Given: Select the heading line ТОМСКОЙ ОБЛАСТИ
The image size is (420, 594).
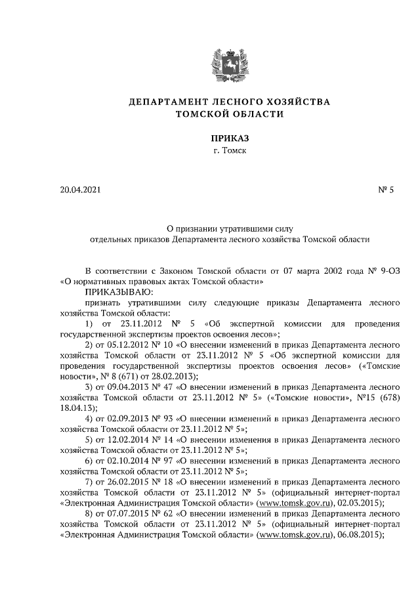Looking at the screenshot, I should [229, 114].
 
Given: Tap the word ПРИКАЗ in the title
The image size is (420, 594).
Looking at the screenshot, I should [229, 138].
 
